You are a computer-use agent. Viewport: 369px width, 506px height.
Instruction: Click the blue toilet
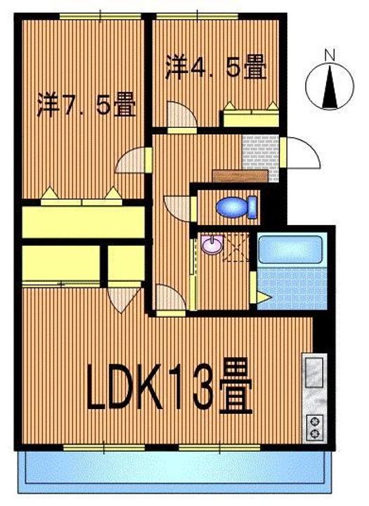[x=236, y=207]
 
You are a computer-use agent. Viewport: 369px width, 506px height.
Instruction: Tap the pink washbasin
[x=212, y=244]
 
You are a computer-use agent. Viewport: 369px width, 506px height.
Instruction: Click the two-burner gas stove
[x=315, y=427]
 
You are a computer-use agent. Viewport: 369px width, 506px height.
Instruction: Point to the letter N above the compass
[x=330, y=56]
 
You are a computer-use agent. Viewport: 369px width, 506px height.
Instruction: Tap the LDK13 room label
[x=169, y=387]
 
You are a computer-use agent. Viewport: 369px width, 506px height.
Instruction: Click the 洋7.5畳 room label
[x=86, y=104]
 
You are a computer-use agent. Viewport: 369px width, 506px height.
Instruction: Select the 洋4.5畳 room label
[x=216, y=67]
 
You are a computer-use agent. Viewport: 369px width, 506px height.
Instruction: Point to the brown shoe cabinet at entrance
[x=240, y=176]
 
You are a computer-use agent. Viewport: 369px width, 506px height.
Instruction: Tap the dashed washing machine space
[x=236, y=247]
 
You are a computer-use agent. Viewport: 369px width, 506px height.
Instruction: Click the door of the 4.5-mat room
[x=182, y=115]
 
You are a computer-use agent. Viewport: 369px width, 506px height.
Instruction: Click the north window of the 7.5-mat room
[x=100, y=16]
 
